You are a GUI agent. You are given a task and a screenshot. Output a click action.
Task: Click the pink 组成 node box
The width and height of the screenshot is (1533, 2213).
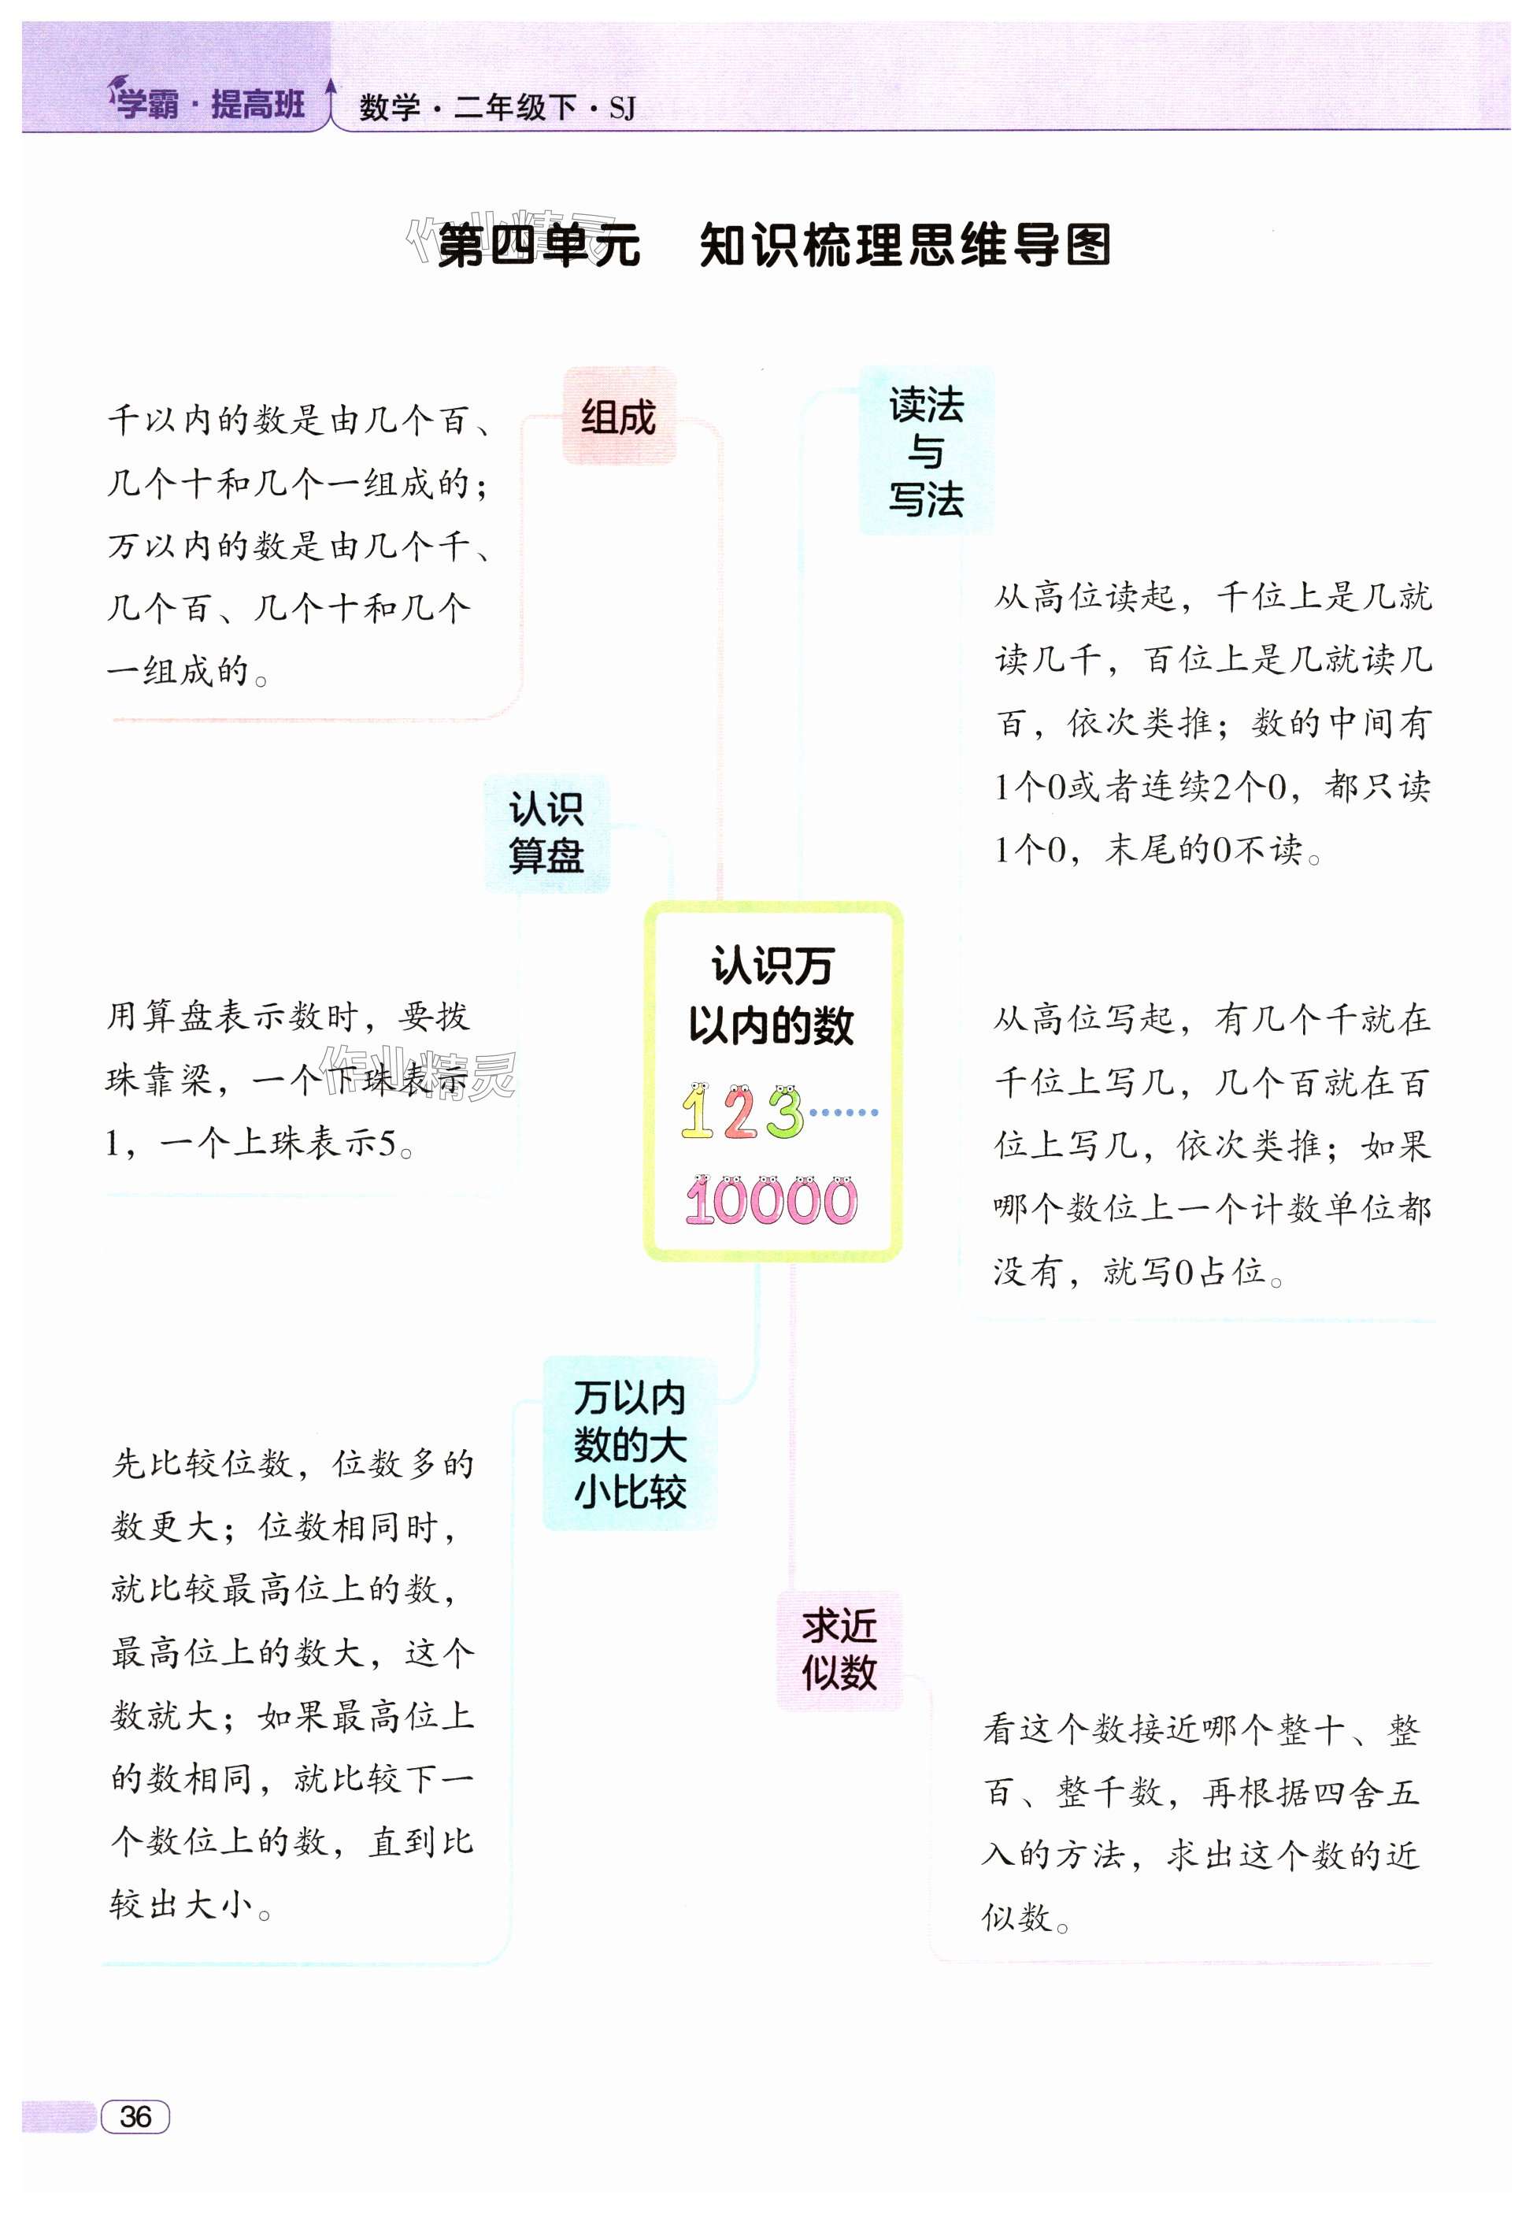point(619,417)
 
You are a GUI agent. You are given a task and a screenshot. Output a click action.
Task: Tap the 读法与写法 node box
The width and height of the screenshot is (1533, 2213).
point(925,451)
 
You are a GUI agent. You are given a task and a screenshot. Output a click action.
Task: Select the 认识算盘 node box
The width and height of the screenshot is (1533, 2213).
point(546,832)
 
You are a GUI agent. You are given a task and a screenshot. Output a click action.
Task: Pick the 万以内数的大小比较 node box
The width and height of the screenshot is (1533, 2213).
point(629,1443)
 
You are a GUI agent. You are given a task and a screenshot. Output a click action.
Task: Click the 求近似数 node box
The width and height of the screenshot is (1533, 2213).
point(839,1650)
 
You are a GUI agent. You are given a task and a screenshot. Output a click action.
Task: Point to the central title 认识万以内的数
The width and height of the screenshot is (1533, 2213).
point(772,995)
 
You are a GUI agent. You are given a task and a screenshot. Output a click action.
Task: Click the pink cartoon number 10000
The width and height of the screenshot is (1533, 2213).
point(772,1201)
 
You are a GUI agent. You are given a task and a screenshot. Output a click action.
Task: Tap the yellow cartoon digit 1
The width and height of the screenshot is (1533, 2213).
point(696,1112)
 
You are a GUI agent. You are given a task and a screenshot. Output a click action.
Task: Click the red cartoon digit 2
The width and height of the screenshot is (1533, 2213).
point(739,1114)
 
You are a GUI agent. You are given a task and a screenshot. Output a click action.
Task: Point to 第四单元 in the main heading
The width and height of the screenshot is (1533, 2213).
point(538,246)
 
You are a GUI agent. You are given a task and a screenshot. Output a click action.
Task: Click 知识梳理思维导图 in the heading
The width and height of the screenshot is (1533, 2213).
point(904,246)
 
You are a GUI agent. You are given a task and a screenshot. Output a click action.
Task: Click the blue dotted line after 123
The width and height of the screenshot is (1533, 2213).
point(842,1112)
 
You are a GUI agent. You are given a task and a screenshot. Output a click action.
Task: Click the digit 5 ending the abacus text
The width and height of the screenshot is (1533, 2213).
point(387,1143)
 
